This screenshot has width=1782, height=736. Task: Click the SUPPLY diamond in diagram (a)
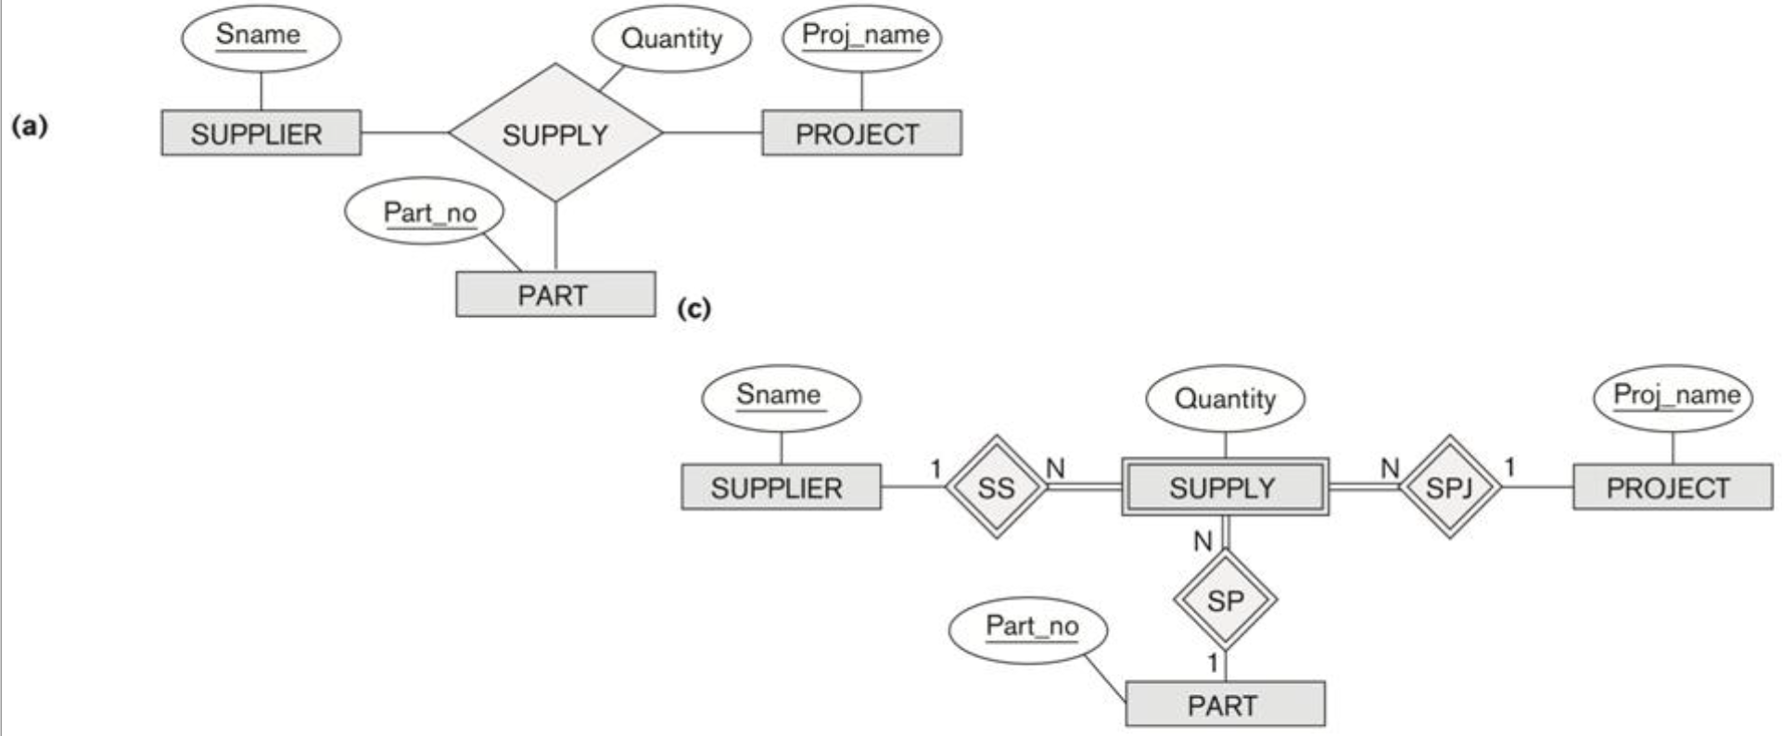pyautogui.click(x=555, y=133)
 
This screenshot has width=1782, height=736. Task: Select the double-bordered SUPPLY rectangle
pyautogui.click(x=1224, y=488)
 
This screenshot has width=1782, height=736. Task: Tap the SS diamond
pyautogui.click(x=996, y=488)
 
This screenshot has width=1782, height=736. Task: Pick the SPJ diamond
pyautogui.click(x=1448, y=488)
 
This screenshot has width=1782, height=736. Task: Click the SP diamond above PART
pyautogui.click(x=1225, y=601)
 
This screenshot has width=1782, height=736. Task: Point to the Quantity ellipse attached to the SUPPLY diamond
pyautogui.click(x=671, y=39)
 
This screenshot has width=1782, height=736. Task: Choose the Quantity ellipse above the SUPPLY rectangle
pyautogui.click(x=1225, y=399)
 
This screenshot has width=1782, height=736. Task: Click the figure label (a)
pyautogui.click(x=29, y=125)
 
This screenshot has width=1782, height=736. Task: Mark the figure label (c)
pyautogui.click(x=694, y=307)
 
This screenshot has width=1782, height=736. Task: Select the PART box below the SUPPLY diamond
pyautogui.click(x=554, y=295)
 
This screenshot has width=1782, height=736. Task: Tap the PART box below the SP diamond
pyautogui.click(x=1224, y=705)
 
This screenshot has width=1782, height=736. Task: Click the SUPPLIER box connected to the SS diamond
pyautogui.click(x=781, y=488)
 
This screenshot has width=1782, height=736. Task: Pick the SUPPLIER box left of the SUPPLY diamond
pyautogui.click(x=261, y=133)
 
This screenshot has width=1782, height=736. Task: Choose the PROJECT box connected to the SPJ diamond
pyautogui.click(x=1671, y=488)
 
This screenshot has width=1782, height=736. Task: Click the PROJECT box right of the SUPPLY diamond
pyautogui.click(x=860, y=133)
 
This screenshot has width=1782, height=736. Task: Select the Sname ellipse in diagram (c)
pyautogui.click(x=780, y=396)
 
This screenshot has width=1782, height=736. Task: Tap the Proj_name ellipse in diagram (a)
pyautogui.click(x=862, y=37)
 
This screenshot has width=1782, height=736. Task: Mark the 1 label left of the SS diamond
pyautogui.click(x=936, y=469)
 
